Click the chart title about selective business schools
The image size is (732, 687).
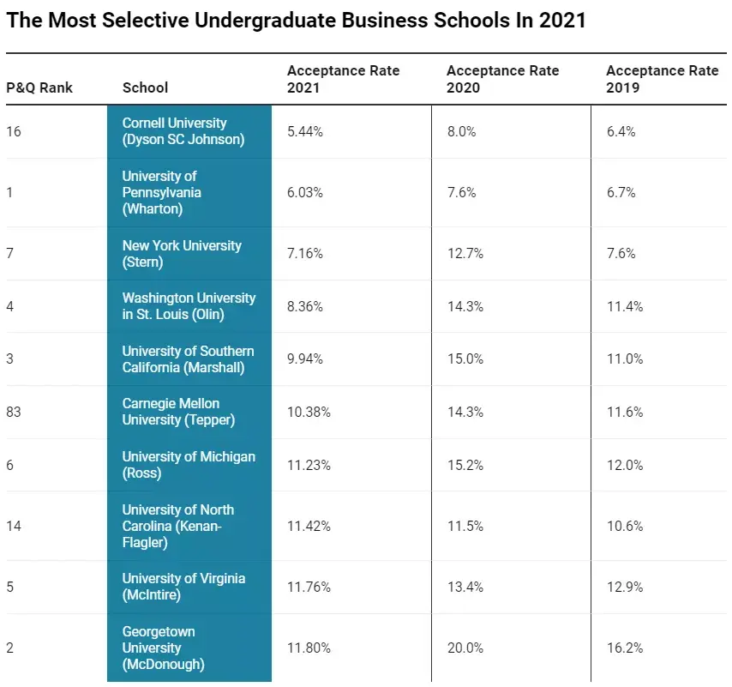(x=296, y=21)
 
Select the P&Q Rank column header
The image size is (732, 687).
(x=39, y=87)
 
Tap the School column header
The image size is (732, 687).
(x=146, y=87)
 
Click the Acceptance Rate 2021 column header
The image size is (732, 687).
(x=343, y=78)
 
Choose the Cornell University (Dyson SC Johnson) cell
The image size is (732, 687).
(x=183, y=131)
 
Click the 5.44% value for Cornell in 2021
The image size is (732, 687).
(x=305, y=131)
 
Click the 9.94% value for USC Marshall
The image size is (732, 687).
(x=305, y=359)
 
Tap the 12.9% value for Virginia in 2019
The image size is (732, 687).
(x=625, y=587)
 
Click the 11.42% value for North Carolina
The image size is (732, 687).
(x=309, y=526)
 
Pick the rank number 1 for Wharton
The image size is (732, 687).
(x=9, y=192)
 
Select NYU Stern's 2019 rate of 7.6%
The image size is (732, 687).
(x=621, y=253)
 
